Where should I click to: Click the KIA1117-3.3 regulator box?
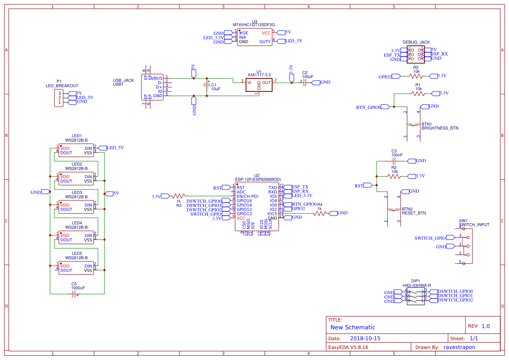coord(259,85)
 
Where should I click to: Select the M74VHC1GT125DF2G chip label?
coord(254,25)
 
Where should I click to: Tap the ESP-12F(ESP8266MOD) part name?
coord(258,179)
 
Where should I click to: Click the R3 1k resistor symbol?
coord(179,196)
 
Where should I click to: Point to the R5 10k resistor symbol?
coord(416,76)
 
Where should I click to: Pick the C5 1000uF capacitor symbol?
coord(74,295)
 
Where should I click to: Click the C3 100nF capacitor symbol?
coord(394,161)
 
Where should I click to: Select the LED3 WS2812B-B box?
coord(76,207)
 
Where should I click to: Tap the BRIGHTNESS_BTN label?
coord(440,129)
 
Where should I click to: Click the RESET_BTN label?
coord(414,213)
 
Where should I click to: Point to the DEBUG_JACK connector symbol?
coord(416,54)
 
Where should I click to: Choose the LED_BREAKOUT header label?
coord(62,86)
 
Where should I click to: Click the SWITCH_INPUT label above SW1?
coord(474,225)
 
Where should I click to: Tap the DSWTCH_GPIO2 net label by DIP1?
coord(455,300)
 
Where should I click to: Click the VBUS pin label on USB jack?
coord(157,78)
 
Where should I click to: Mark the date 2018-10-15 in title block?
coord(365,338)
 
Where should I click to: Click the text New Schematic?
coord(353,327)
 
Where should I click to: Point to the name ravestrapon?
coord(459,347)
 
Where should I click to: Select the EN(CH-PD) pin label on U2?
coord(247,196)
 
